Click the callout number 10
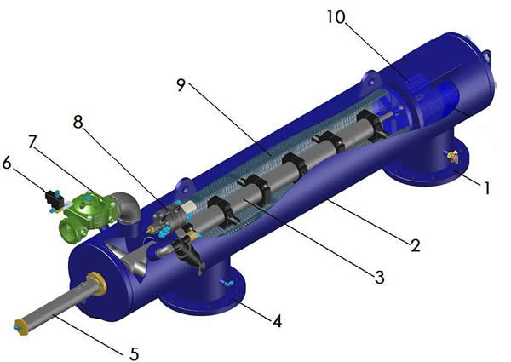point(336,17)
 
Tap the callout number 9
point(181,85)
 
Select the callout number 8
point(78,122)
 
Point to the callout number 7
point(32,142)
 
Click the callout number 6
point(7,163)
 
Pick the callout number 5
point(135,353)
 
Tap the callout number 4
point(277,321)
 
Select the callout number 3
point(379,278)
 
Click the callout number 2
point(416,245)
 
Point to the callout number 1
point(486,188)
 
